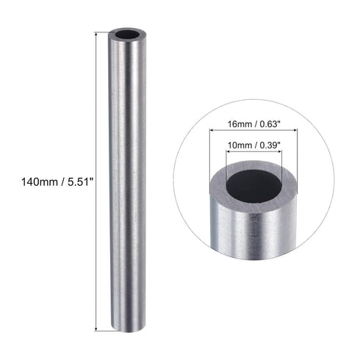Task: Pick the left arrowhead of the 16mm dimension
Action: pos(213,130)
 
